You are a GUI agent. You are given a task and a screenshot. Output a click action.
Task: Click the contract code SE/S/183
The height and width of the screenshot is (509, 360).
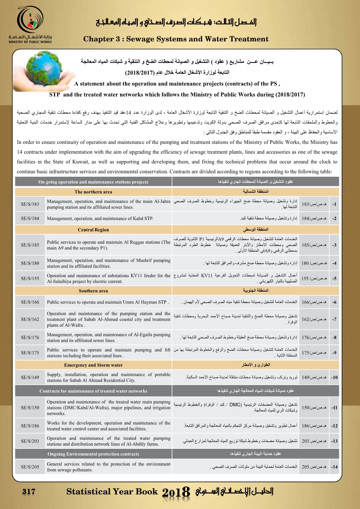(x=30, y=204)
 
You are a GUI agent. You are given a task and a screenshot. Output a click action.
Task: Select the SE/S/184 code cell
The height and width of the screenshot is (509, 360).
(x=30, y=218)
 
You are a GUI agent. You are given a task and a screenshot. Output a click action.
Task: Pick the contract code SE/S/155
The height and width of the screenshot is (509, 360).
(x=30, y=279)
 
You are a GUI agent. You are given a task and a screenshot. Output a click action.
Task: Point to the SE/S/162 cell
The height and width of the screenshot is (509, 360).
(x=30, y=319)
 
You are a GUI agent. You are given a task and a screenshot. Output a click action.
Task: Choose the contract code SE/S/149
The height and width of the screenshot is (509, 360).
(x=30, y=377)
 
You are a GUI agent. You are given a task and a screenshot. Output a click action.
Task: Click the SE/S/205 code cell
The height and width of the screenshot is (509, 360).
(x=30, y=467)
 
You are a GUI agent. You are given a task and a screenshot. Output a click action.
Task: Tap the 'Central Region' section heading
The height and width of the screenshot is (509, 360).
(x=93, y=230)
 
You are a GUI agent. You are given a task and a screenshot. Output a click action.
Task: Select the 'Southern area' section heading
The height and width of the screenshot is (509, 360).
(x=93, y=291)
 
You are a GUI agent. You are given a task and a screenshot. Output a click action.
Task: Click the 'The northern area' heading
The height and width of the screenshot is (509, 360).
(x=93, y=192)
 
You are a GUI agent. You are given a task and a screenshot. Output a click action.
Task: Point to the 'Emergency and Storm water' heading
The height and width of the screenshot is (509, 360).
(x=93, y=365)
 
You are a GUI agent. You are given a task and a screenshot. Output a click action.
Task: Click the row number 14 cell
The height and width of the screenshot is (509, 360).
(x=334, y=467)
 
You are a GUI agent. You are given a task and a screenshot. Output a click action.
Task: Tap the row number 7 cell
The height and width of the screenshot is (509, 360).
(x=334, y=319)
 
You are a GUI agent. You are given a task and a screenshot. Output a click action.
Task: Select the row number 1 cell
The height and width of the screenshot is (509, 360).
(x=334, y=204)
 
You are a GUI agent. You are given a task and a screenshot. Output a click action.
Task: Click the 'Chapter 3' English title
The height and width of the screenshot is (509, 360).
(x=176, y=39)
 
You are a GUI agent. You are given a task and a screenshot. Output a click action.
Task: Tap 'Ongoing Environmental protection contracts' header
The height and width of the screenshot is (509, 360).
(x=93, y=454)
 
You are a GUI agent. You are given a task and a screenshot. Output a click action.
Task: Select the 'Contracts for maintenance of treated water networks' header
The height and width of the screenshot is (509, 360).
(x=93, y=391)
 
